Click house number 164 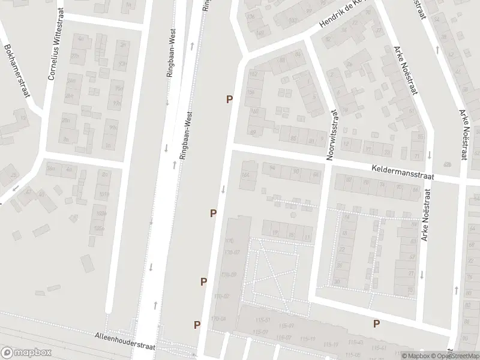244,175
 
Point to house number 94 272,167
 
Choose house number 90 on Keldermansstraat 295,171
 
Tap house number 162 253,73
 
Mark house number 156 250,92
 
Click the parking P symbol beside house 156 229,99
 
